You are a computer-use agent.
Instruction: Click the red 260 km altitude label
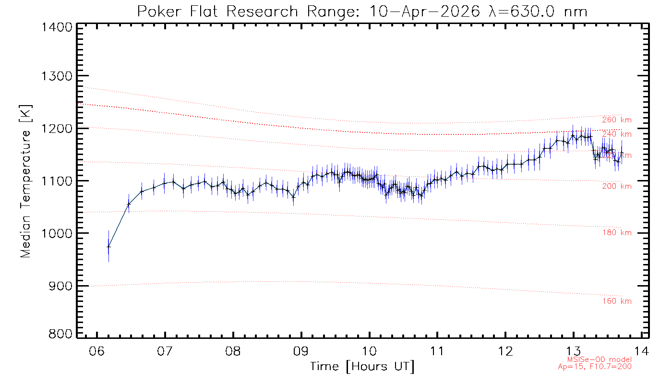(x=617, y=120)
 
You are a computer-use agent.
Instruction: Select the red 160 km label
(x=617, y=301)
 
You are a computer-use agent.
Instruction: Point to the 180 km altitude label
(x=617, y=233)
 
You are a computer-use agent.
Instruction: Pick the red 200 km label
(x=617, y=186)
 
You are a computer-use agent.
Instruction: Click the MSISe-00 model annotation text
(x=599, y=360)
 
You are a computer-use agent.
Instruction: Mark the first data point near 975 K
(x=108, y=247)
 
